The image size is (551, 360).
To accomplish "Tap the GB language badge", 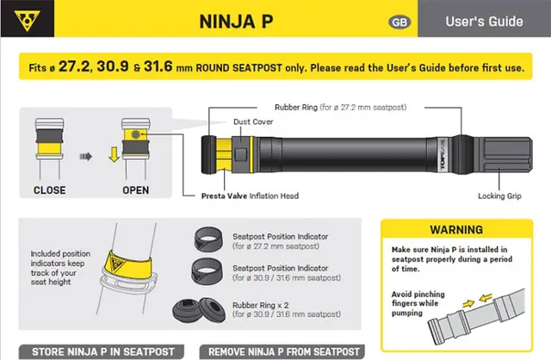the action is click(x=399, y=22).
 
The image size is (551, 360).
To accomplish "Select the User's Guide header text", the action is click(x=484, y=21).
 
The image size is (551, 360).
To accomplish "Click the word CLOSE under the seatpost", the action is click(x=50, y=189).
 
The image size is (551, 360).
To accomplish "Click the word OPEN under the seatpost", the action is click(x=136, y=189).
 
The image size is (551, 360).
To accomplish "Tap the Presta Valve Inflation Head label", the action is click(x=251, y=196).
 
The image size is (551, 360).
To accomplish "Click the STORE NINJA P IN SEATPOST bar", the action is click(x=102, y=351).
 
